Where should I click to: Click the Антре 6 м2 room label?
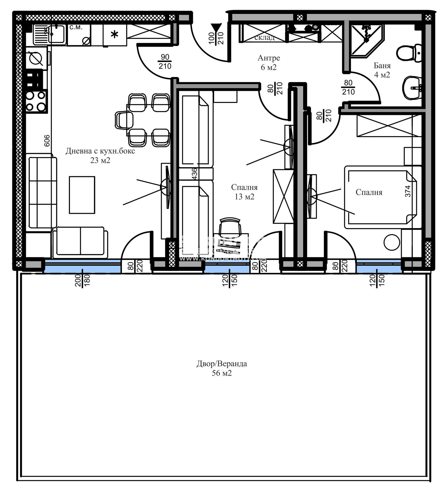coord(268,62)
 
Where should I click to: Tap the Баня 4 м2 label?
coord(382,70)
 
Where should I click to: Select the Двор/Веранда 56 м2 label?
coord(222,368)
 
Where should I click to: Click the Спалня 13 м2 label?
coord(244,192)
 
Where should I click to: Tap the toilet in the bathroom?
coord(409,53)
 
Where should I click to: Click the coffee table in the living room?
coord(82,195)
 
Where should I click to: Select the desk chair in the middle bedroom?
coord(230,227)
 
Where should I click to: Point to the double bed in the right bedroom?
coord(381,197)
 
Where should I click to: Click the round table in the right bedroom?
coord(392,242)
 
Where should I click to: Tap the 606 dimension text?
coord(47,141)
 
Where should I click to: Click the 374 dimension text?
coord(408,191)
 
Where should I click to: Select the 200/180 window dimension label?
coord(82,280)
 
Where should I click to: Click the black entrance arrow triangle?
coord(216,28)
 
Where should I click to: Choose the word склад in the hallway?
coord(264,37)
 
